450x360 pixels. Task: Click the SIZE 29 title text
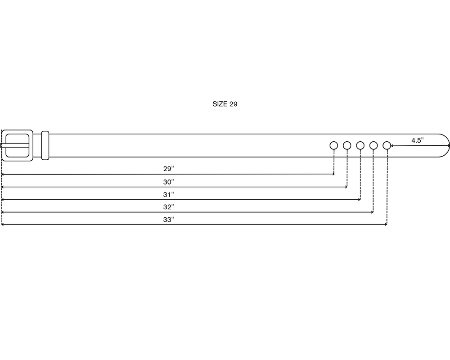(225, 104)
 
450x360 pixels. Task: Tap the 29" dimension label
(168, 169)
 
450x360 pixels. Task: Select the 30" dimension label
(168, 182)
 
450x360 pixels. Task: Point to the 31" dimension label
(168, 195)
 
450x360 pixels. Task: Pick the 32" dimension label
(168, 207)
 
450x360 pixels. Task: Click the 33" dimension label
(168, 220)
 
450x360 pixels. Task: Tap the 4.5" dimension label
(417, 140)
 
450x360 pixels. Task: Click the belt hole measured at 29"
(334, 145)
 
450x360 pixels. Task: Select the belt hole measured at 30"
(347, 145)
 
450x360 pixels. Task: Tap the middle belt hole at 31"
(360, 145)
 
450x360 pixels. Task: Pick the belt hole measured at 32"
(373, 145)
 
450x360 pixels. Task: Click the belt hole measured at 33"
(387, 145)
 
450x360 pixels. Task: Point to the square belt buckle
(17, 131)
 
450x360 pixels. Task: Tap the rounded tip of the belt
(450, 145)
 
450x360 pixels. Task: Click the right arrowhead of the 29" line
(333, 174)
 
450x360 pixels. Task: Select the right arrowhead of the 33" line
(386, 225)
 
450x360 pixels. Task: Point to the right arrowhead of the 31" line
(360, 199)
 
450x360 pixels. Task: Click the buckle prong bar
(14, 145)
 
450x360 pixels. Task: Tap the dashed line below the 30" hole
(347, 168)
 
